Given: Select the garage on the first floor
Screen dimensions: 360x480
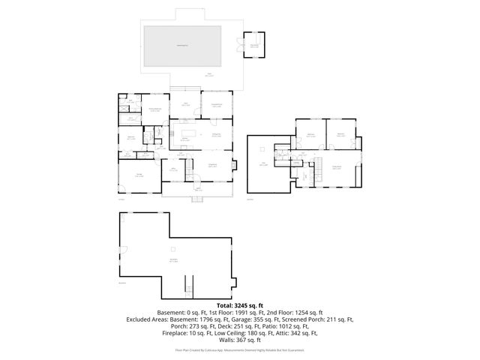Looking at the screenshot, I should [x=139, y=176].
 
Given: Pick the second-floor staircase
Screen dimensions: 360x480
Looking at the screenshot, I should [x=316, y=163].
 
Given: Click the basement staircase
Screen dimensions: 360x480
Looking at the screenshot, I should [x=188, y=286].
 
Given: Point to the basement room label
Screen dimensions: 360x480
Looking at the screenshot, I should [x=173, y=262].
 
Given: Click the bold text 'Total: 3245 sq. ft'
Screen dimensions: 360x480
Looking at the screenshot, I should [x=239, y=305].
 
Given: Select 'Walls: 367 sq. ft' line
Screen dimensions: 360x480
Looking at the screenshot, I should [x=239, y=340].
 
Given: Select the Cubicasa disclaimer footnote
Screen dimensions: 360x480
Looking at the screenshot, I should [x=239, y=349].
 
